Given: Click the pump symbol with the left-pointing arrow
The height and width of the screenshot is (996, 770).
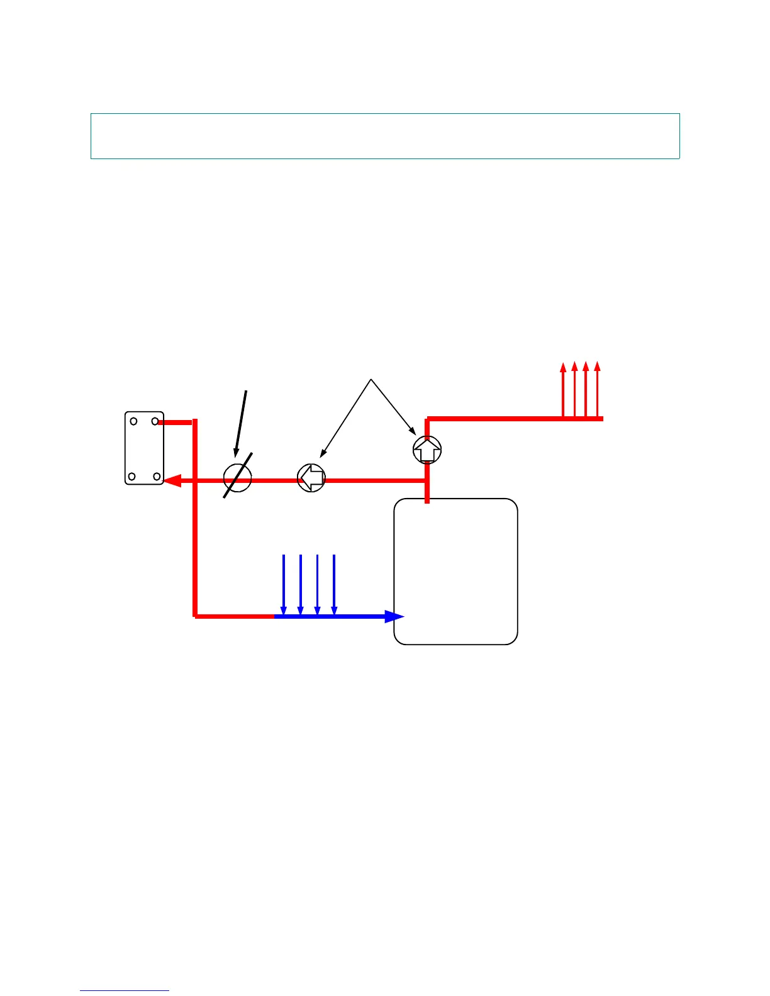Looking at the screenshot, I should (311, 478).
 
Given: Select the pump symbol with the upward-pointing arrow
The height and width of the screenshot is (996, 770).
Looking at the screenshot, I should (427, 450).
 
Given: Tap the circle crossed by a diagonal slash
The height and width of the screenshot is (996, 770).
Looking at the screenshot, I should (238, 478).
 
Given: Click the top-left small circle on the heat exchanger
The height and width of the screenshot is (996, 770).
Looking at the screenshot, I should (134, 421).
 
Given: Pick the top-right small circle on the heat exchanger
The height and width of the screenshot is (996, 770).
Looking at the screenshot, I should (155, 421).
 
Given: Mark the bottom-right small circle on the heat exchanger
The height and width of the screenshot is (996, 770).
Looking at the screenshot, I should (156, 477).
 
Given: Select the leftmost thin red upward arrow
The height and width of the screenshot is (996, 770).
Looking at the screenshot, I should (563, 390).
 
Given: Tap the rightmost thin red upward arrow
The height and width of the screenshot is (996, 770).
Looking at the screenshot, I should (598, 390).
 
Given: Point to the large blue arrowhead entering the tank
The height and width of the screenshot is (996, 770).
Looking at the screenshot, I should (394, 616).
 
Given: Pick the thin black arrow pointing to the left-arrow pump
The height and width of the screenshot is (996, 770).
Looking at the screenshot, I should (346, 418).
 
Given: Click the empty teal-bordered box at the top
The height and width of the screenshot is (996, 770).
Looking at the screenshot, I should (385, 136).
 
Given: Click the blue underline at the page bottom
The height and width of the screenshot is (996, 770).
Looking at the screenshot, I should (125, 991).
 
